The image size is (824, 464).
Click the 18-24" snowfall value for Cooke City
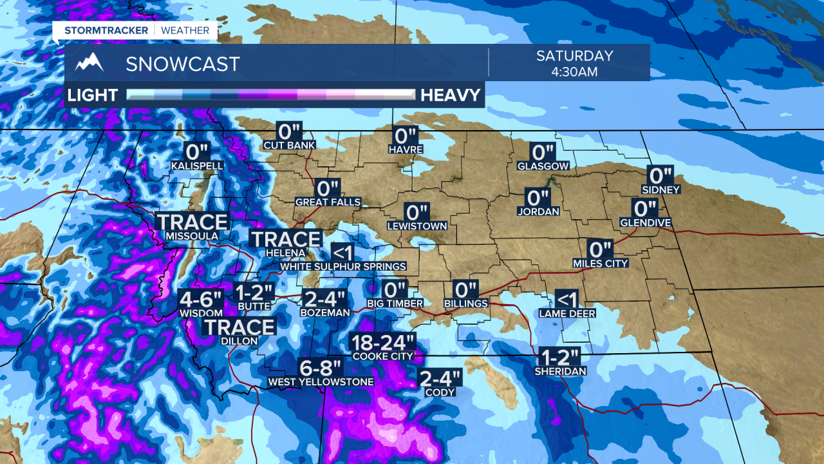point(382,342)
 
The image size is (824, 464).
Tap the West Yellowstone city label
point(321,382)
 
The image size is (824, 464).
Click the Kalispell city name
point(197,166)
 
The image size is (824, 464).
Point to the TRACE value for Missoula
point(192,222)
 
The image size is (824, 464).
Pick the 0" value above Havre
point(406,136)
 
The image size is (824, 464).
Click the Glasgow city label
point(543,166)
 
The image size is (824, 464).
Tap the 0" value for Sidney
point(660,175)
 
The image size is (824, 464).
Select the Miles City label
point(600,263)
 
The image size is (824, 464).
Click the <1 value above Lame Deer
point(567,299)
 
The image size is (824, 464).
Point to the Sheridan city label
point(560,371)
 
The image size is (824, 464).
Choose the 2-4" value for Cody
point(440,378)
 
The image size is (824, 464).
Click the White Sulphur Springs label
point(343,266)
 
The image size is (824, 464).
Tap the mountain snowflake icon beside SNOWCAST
point(89,63)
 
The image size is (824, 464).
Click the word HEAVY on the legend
point(451,95)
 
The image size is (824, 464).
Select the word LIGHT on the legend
point(93,95)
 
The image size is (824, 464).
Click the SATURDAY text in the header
point(575,56)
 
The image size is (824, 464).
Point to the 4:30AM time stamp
point(575,72)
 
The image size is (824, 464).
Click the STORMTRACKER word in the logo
point(106,30)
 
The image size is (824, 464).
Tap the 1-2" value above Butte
point(254,292)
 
